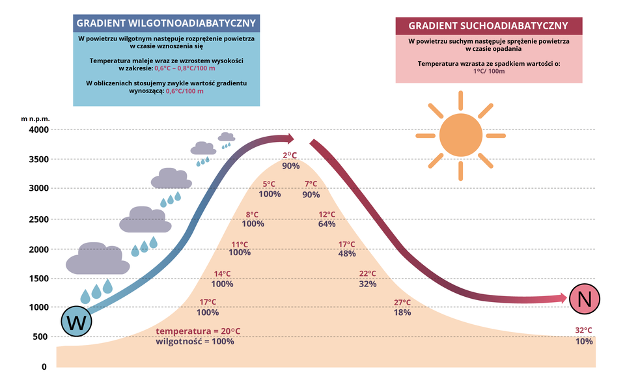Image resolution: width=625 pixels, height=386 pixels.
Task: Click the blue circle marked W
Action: [76, 321]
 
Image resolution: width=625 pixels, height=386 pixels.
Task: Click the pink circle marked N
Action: [584, 299]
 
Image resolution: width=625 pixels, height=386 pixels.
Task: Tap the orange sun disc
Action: [460, 135]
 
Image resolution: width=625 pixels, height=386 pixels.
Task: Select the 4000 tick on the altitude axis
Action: [39, 130]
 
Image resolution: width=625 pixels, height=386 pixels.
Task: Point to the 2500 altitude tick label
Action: [39, 219]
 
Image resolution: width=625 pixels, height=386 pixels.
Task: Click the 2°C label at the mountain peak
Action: [290, 155]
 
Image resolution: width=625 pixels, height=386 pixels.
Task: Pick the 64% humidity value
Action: [327, 224]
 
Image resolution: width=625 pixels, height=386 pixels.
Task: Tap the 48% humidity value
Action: [347, 253]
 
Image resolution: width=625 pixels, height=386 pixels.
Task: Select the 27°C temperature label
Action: [402, 302]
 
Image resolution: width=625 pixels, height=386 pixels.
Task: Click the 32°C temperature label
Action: [584, 330]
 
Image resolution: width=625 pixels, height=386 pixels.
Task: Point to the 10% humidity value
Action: [584, 341]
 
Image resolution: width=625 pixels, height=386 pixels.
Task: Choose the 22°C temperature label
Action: [368, 273]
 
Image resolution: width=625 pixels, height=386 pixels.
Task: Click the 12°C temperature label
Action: [327, 214]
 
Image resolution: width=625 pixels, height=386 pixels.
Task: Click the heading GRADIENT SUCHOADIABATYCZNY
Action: [488, 26]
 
